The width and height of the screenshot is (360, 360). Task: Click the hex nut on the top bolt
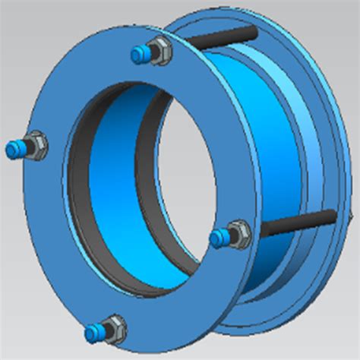(159, 49)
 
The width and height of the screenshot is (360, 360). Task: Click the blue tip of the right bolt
(219, 238)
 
